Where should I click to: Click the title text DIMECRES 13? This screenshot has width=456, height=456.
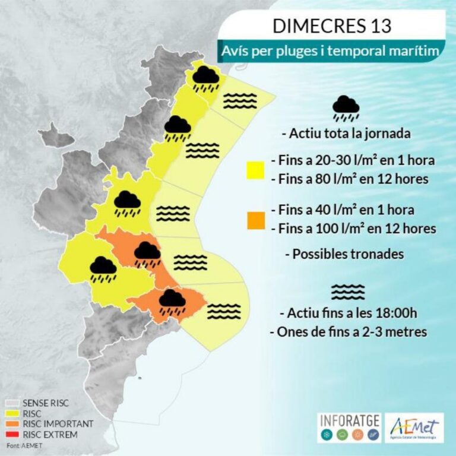click(x=332, y=26)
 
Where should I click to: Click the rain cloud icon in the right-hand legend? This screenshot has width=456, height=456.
click(x=346, y=107)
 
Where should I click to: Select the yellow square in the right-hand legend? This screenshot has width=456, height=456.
click(x=256, y=170)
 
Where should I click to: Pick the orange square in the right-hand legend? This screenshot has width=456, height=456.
click(x=256, y=220)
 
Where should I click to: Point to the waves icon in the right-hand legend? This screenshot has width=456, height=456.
click(x=348, y=292)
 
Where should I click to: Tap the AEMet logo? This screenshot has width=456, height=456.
click(x=414, y=427)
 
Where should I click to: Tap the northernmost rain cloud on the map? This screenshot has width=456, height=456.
click(x=205, y=78)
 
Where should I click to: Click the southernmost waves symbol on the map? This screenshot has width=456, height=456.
click(x=225, y=311)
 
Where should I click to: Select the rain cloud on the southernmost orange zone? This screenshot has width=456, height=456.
click(x=172, y=300)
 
